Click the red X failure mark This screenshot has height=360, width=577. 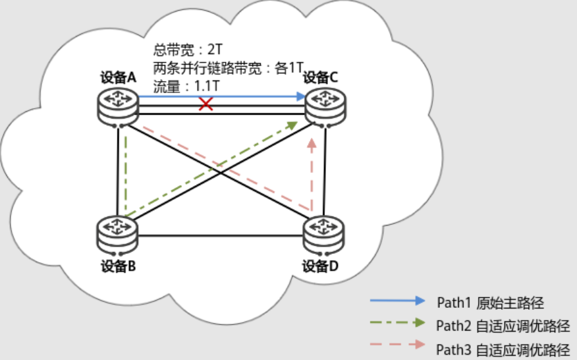tap(206, 104)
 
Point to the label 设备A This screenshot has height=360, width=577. tap(118, 78)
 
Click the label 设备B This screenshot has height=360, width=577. tap(117, 265)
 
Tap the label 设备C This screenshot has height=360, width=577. tap(321, 78)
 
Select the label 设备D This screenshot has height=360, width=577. tap(321, 265)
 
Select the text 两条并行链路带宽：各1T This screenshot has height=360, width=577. tap(228, 67)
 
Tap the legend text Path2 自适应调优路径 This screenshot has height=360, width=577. tap(503, 325)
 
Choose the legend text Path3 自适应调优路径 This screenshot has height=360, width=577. tap(503, 349)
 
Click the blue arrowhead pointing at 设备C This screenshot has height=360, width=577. tap(300, 96)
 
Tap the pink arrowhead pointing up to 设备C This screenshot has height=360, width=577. tap(312, 145)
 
